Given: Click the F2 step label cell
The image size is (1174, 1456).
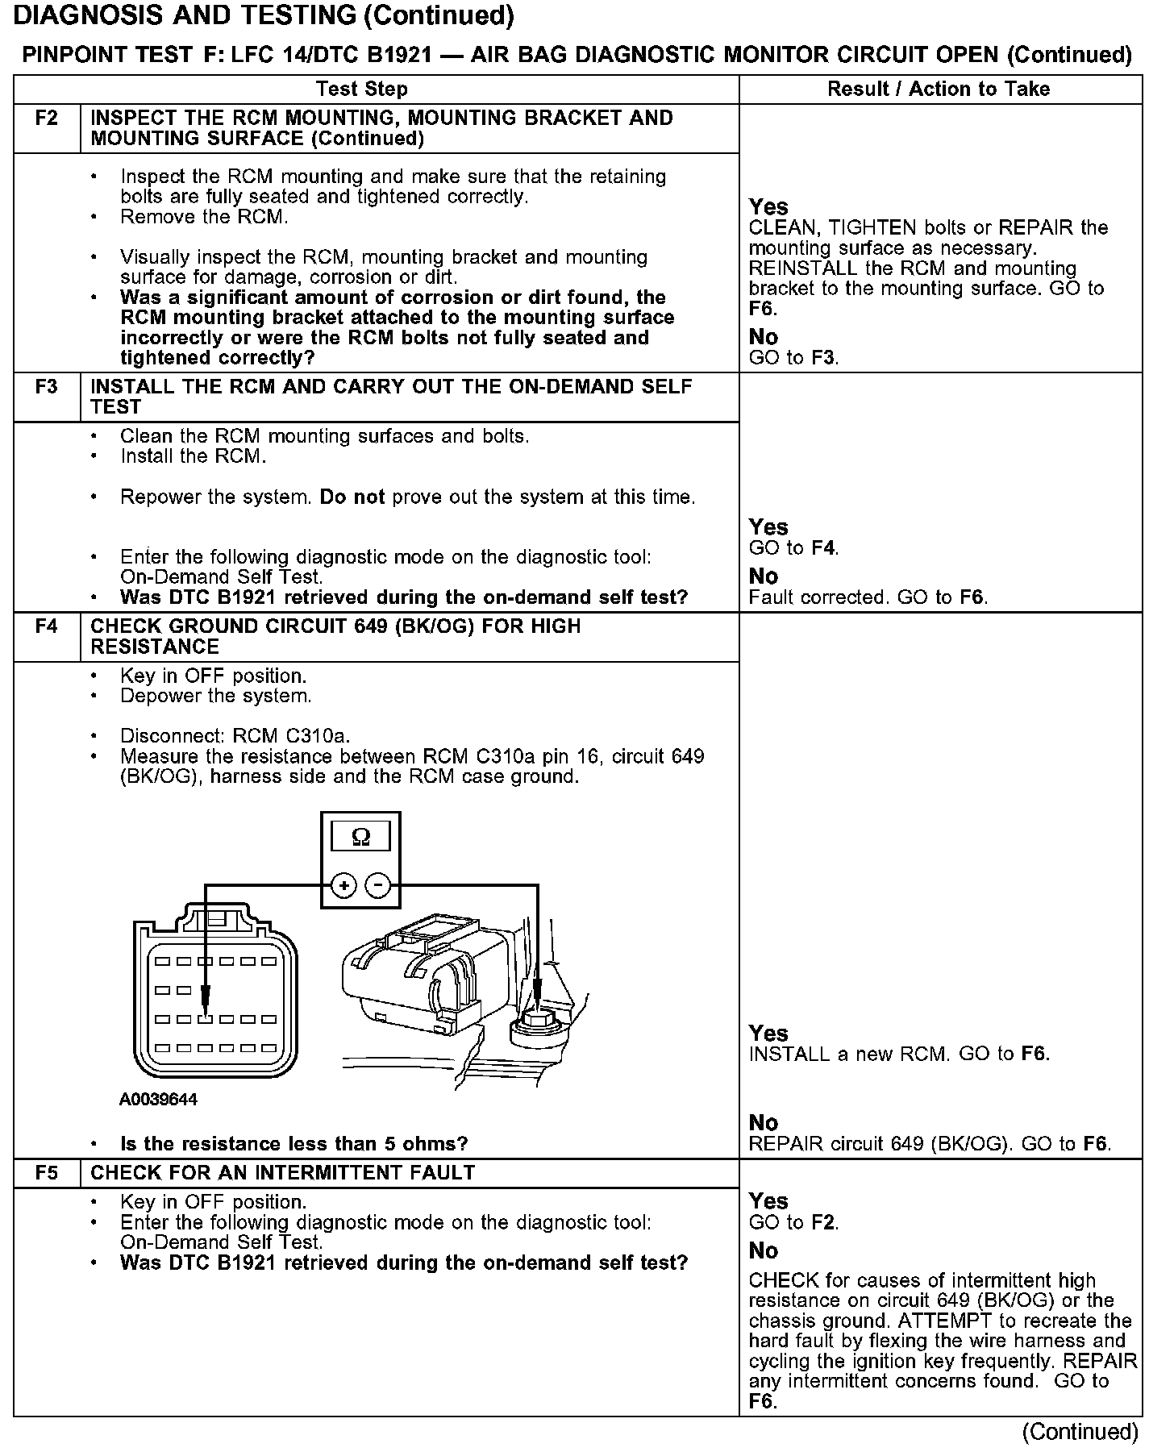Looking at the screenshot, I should pos(47,119).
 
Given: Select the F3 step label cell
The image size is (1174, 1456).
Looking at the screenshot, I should pos(47,387).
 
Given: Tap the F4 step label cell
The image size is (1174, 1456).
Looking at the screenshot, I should pos(47,626).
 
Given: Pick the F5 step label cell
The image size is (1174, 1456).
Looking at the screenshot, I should pos(47,1173).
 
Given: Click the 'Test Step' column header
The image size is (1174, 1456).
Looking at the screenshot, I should pos(362,89).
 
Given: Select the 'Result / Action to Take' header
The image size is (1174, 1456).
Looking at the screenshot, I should pos(939,89).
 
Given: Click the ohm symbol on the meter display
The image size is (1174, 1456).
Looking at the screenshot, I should pos(360,838).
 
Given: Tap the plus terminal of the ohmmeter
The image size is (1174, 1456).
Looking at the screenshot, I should pos(343,886).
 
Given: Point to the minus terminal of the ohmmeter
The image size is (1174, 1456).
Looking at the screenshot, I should pos(378,886).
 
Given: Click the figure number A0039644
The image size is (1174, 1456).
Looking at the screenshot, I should pos(158,1100).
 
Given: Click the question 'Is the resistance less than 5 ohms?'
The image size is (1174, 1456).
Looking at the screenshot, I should pos(293,1144).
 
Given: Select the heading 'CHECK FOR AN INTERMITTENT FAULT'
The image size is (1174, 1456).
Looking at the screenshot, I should pos(283,1173).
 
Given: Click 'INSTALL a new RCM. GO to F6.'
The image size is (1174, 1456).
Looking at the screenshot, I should pos(899,1055).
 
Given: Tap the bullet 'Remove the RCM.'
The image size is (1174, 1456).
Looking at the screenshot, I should pos(203,217).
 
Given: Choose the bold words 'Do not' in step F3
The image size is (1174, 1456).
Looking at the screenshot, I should pos(352,497).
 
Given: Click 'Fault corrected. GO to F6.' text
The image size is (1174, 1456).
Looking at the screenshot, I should pos(868,598).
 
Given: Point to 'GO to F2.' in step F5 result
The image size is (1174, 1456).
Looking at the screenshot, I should pos(793,1223).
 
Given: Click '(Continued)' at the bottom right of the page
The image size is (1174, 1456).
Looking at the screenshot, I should pos(1080,1432).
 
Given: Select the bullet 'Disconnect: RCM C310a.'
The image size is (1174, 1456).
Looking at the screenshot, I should pos(235,736).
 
